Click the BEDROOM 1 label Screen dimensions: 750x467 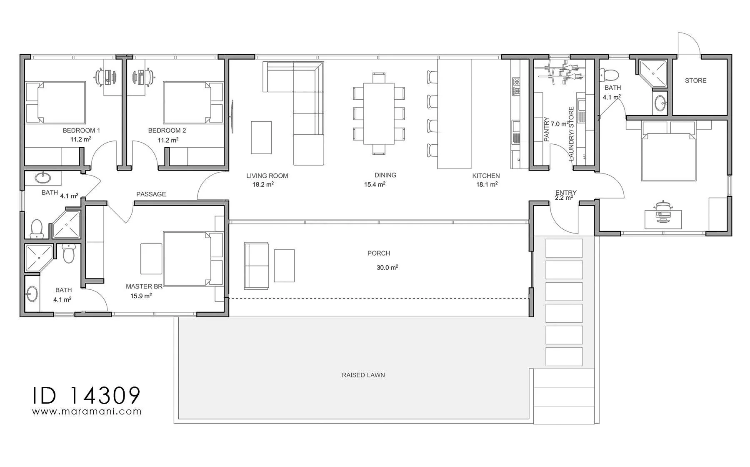pyautogui.click(x=81, y=131)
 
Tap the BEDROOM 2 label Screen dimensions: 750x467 pyautogui.click(x=167, y=131)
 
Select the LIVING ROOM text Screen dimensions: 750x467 pyautogui.click(x=267, y=176)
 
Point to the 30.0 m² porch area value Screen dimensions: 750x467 pyautogui.click(x=387, y=268)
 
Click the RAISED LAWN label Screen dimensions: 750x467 pyautogui.click(x=363, y=375)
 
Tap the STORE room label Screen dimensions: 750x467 pyautogui.click(x=696, y=80)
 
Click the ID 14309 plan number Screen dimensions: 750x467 pyautogui.click(x=87, y=395)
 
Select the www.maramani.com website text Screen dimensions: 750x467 pyautogui.click(x=87, y=412)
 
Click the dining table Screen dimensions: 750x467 pyautogui.click(x=379, y=114)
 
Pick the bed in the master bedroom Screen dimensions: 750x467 pyautogui.click(x=187, y=259)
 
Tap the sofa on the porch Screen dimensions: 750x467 pyautogui.click(x=256, y=266)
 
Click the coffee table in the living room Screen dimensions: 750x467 pyautogui.click(x=261, y=137)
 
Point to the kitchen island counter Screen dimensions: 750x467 pyautogui.click(x=454, y=114)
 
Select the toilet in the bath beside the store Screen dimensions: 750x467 pyautogui.click(x=609, y=75)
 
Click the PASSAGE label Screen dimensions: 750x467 pyautogui.click(x=151, y=194)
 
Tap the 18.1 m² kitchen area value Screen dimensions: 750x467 pyautogui.click(x=487, y=184)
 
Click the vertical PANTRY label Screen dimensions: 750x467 pyautogui.click(x=547, y=129)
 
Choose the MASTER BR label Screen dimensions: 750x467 pyautogui.click(x=144, y=286)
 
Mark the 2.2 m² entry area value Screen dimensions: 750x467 pyautogui.click(x=564, y=198)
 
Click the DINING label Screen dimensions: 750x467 pyautogui.click(x=385, y=176)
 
